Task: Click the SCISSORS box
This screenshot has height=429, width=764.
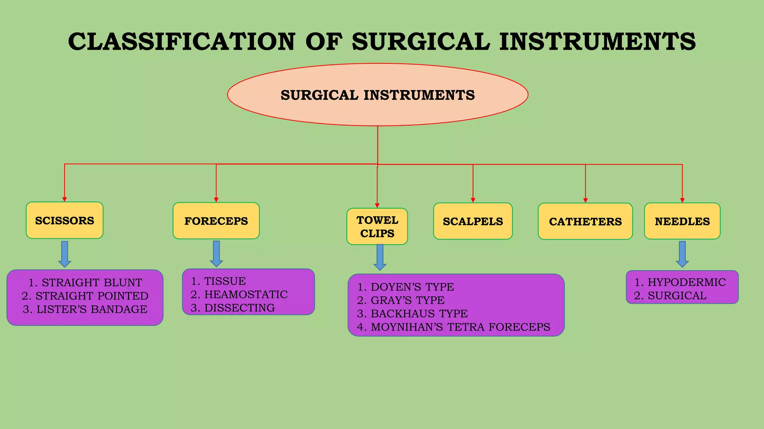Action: (65, 220)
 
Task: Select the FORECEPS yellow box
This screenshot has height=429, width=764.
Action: (216, 221)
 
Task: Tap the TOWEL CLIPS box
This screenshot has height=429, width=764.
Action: (377, 226)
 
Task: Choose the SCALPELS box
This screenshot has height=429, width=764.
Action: (473, 221)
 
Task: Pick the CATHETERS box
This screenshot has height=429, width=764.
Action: (585, 221)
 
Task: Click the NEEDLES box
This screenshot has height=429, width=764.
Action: (682, 221)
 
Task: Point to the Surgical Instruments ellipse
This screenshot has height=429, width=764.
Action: (378, 95)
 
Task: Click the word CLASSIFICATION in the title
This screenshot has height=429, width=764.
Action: (182, 41)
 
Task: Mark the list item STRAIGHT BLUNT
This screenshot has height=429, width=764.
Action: (85, 282)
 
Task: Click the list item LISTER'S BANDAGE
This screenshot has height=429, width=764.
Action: (85, 309)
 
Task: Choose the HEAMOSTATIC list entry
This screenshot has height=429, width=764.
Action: (239, 294)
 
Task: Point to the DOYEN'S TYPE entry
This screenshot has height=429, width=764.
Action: (406, 287)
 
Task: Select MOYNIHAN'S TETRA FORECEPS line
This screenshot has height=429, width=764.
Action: (454, 327)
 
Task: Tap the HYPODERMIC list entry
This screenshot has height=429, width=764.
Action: (680, 282)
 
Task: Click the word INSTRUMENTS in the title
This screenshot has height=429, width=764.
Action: (597, 41)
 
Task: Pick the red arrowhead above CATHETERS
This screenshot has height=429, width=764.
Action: (585, 200)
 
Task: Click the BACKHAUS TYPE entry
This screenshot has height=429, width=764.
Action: (413, 313)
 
